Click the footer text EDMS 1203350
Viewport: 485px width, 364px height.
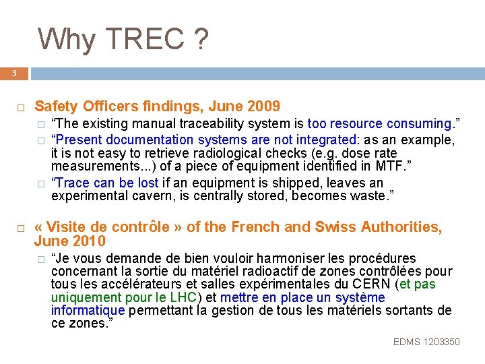pos(426,342)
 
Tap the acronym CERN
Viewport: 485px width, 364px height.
pos(372,284)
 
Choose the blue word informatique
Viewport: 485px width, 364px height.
pos(88,310)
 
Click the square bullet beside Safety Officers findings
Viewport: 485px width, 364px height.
pos(21,107)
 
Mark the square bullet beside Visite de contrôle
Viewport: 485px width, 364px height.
pos(21,229)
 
